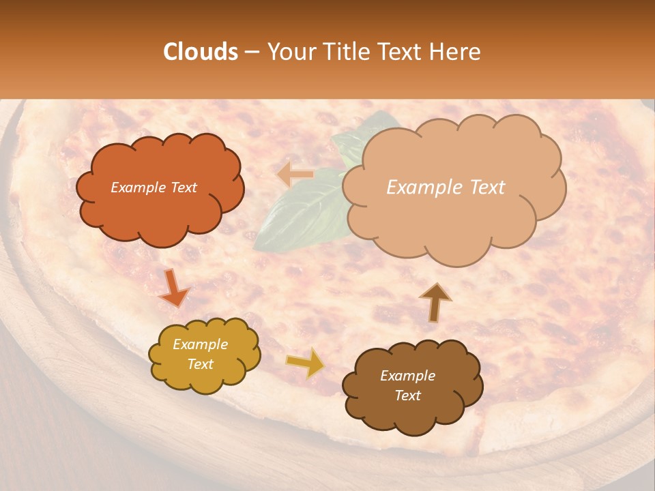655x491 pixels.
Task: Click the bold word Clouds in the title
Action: (201, 52)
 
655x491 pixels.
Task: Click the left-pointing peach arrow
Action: (295, 175)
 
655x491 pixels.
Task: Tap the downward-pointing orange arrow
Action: (173, 288)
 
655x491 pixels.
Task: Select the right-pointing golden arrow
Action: (306, 362)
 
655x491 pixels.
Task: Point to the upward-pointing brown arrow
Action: (435, 301)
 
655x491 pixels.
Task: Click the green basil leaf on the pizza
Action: (300, 211)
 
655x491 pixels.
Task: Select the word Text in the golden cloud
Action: (201, 364)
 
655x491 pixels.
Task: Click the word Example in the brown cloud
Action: (407, 376)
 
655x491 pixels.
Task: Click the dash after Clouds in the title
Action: (252, 52)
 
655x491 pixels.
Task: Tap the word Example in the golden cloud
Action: (201, 344)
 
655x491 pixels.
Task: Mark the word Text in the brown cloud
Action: (407, 396)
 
